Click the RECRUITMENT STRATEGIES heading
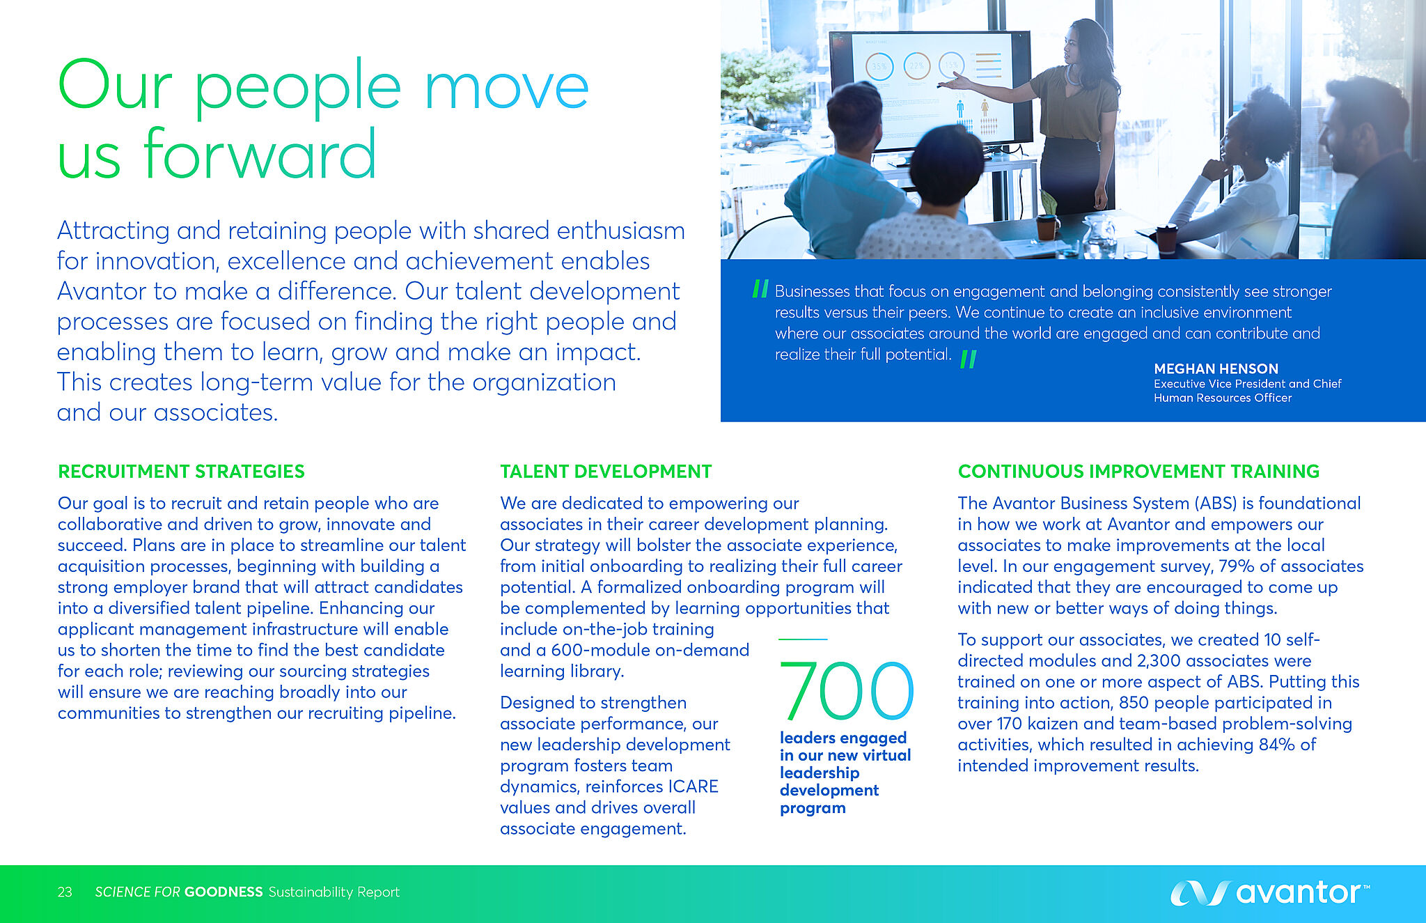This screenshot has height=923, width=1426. pyautogui.click(x=181, y=472)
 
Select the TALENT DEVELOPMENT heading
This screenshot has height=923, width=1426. pyautogui.click(x=606, y=472)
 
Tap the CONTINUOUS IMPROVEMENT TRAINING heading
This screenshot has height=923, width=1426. pyautogui.click(x=1138, y=472)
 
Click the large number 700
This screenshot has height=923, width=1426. pyautogui.click(x=846, y=690)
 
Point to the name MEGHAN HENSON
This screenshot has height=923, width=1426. pyautogui.click(x=1216, y=369)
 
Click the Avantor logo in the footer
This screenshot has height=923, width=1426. pyautogui.click(x=1269, y=892)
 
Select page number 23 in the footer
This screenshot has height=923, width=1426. pyautogui.click(x=65, y=892)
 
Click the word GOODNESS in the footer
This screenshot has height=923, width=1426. pyautogui.click(x=224, y=892)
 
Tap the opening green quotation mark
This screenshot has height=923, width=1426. pyautogui.click(x=760, y=288)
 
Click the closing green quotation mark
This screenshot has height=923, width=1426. pyautogui.click(x=969, y=359)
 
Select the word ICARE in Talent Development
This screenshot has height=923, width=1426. pyautogui.click(x=693, y=786)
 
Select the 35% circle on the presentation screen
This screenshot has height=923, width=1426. pyautogui.click(x=879, y=67)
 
